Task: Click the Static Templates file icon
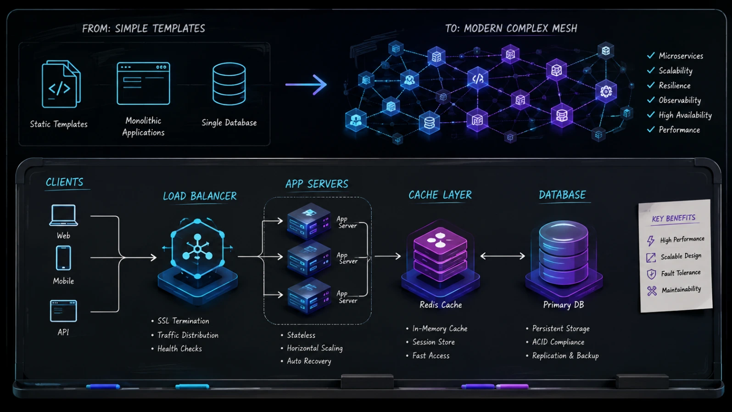pos(61,85)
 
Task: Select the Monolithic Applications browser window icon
pos(144,84)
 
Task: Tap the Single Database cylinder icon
pos(229,84)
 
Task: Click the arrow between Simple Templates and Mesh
pos(306,85)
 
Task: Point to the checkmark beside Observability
pos(651,100)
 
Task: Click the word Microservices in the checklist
pos(681,56)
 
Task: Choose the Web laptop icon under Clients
pos(63,215)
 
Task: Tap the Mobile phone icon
pos(63,258)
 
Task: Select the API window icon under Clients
pos(63,311)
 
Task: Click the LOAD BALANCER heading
pos(200,196)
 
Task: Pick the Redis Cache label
pos(441,305)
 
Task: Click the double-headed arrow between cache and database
pos(502,256)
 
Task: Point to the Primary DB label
pos(564,305)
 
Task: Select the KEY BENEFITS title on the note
pos(674,219)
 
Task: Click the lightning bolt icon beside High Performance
pos(651,241)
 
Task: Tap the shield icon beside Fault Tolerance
pos(651,274)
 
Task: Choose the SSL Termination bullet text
pos(183,321)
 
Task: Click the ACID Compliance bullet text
pos(558,342)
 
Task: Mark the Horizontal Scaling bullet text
pos(315,348)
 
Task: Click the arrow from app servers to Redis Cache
pos(387,256)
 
